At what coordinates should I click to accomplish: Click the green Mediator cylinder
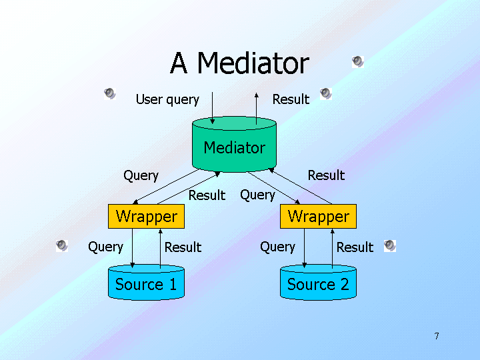234,147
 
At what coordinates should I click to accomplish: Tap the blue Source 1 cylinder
146,284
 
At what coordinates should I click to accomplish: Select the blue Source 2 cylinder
318,284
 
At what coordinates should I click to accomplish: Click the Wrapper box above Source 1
146,217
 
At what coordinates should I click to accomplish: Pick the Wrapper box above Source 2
318,217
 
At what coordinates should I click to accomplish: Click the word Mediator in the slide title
253,63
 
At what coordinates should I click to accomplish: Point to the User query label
167,99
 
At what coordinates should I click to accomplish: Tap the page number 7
437,336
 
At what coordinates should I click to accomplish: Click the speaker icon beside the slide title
358,62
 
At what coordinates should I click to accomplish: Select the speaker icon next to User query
110,93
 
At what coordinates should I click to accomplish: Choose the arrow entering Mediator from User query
212,107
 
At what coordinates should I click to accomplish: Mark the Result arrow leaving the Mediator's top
257,107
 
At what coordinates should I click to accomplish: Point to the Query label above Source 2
277,247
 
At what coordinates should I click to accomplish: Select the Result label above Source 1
183,247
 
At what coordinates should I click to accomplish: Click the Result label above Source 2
355,247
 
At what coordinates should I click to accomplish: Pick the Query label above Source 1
105,247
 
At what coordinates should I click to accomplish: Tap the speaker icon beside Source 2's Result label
390,245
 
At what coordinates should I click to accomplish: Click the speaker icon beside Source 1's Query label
62,245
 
